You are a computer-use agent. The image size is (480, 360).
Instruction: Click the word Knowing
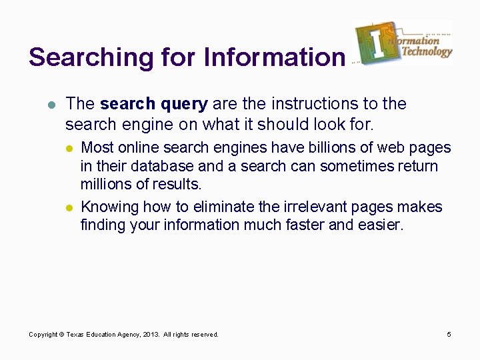(x=108, y=207)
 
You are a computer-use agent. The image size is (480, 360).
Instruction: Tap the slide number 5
(x=449, y=334)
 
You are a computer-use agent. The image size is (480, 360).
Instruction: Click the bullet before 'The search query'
(x=51, y=104)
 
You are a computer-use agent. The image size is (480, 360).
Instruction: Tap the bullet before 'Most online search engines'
(x=70, y=148)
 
